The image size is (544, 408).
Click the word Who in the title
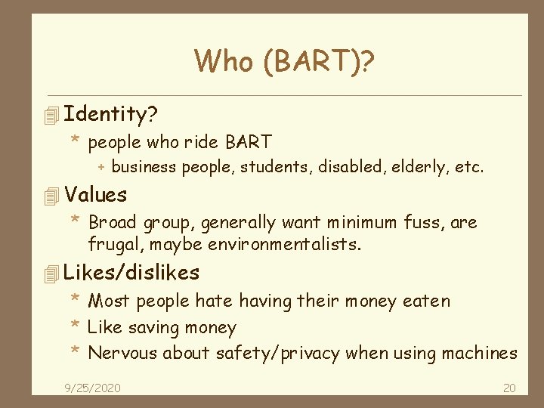click(224, 61)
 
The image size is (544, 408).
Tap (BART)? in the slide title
click(319, 61)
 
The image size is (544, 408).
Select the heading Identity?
click(111, 114)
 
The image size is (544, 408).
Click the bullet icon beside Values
click(51, 196)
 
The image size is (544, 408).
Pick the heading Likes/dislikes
click(132, 272)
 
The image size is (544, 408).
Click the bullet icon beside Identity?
click(51, 116)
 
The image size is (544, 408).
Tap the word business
click(144, 167)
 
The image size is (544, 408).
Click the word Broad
click(112, 223)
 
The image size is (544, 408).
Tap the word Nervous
click(119, 353)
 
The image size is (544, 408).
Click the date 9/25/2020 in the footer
click(93, 388)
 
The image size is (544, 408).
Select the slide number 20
click(509, 388)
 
